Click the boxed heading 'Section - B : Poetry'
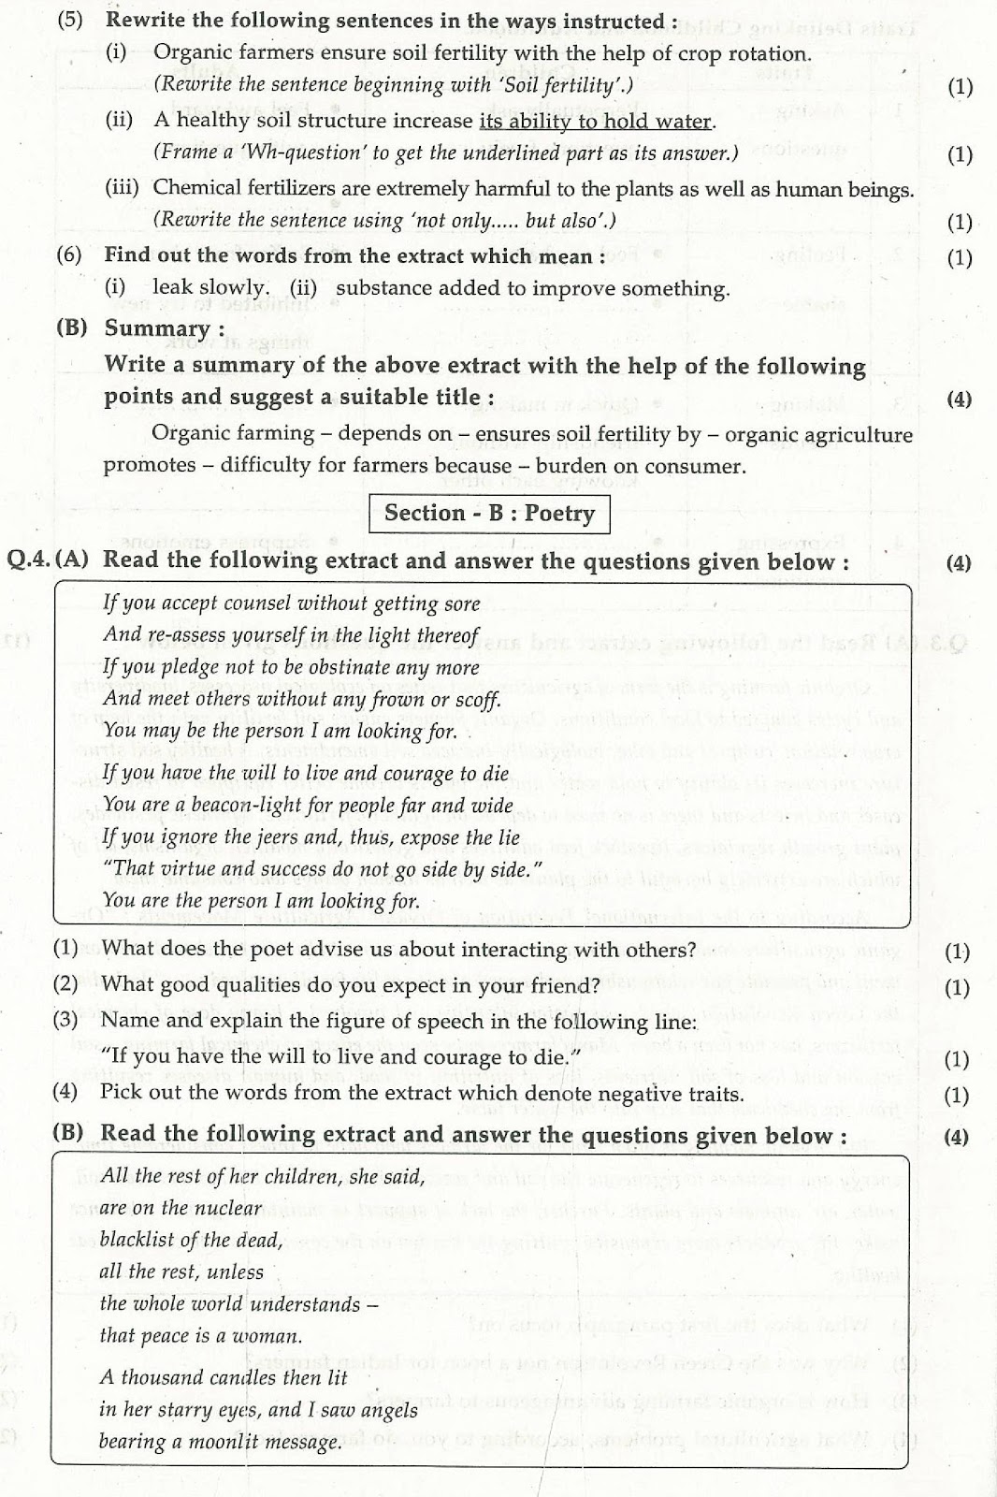(x=489, y=513)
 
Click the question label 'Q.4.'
(x=30, y=560)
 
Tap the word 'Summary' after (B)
(x=157, y=328)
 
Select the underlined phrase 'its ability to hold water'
(x=596, y=121)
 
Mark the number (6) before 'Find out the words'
(x=68, y=255)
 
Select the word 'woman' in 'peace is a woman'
(x=267, y=1336)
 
